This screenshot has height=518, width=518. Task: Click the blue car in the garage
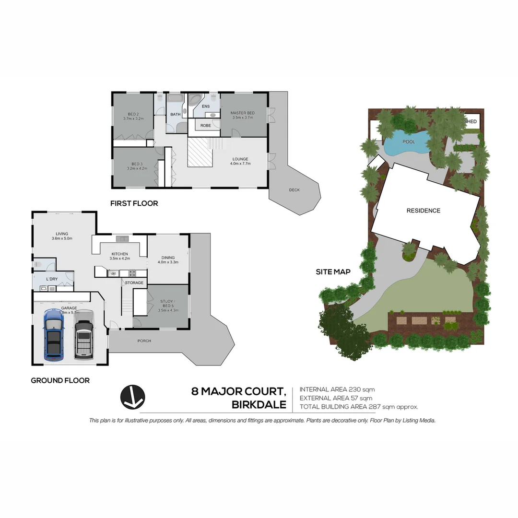click(53, 335)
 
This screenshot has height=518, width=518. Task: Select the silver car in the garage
click(83, 334)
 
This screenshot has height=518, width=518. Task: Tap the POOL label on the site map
click(409, 142)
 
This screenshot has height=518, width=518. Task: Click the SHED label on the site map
click(471, 121)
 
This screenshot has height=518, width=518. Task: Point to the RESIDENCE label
click(423, 211)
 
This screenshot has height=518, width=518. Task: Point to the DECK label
click(294, 190)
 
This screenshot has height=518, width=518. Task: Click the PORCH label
click(144, 341)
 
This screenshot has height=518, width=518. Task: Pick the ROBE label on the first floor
click(205, 126)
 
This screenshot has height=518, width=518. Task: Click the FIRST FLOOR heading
click(134, 203)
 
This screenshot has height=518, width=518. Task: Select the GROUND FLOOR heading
click(60, 380)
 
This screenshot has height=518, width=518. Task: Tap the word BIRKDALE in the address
click(259, 405)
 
